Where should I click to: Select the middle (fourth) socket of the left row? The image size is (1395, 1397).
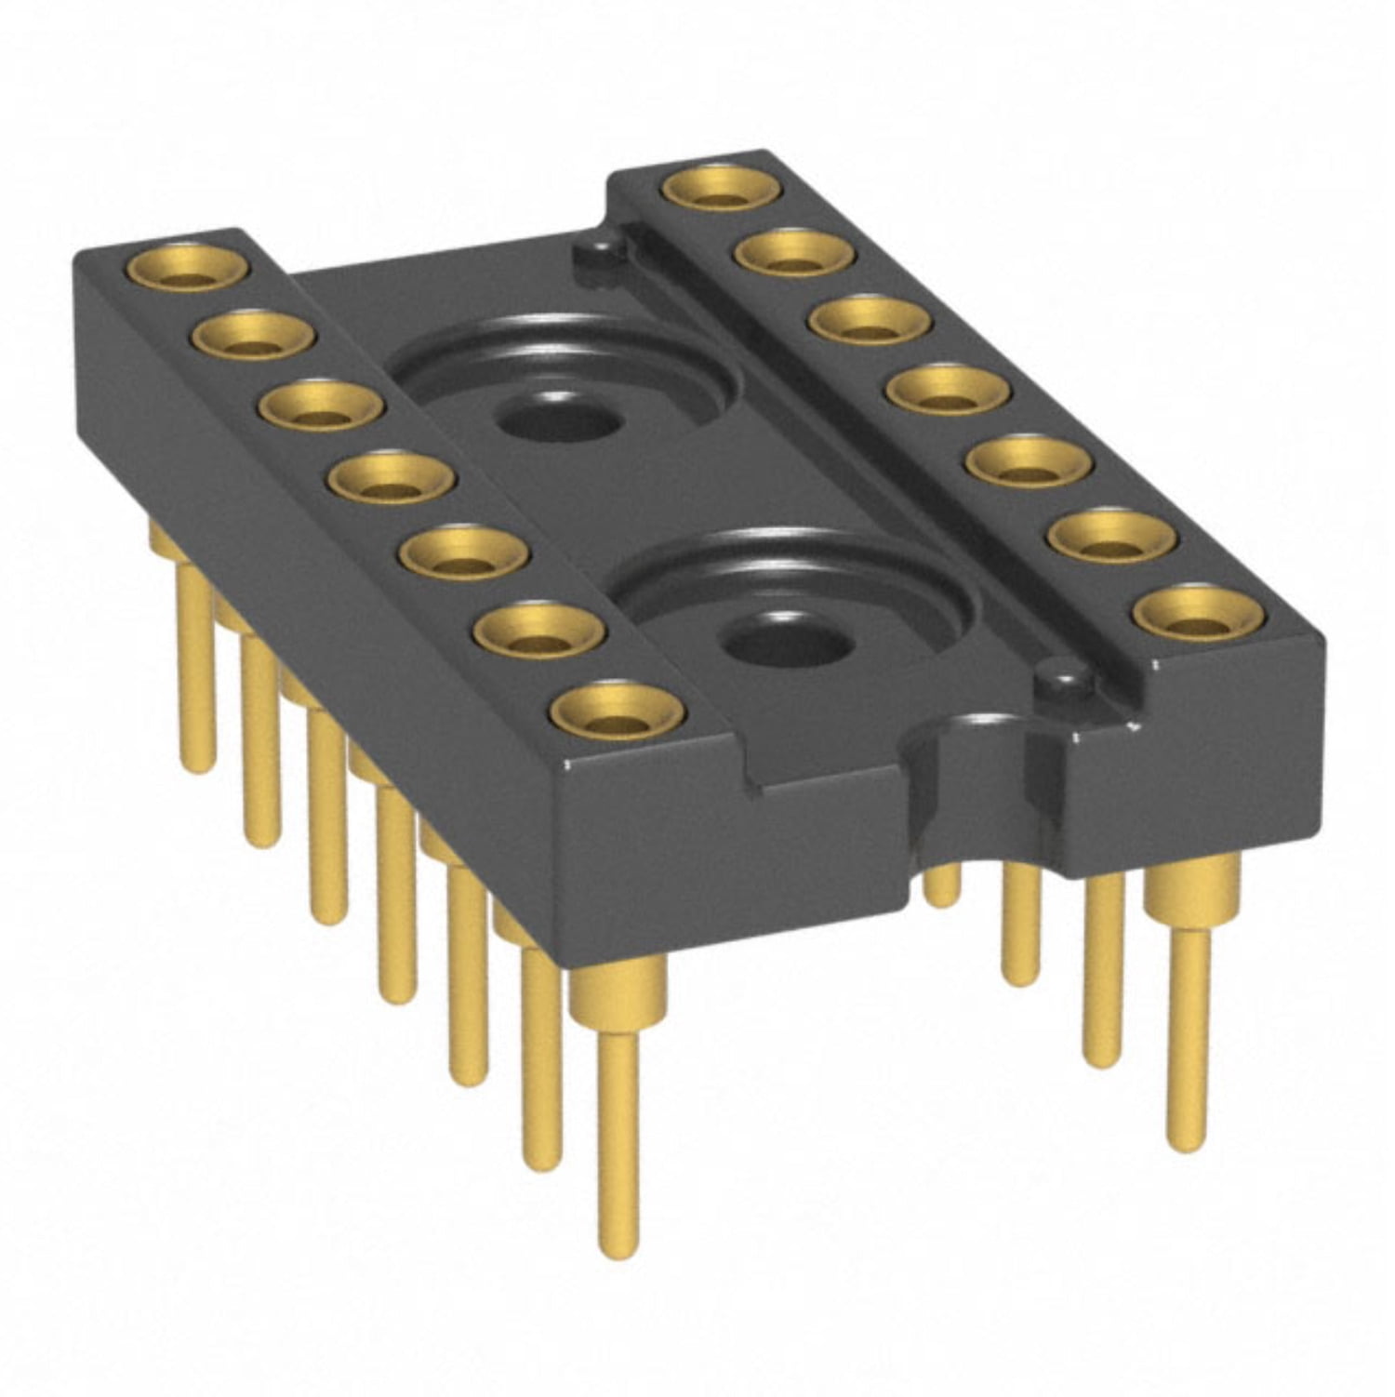point(392,480)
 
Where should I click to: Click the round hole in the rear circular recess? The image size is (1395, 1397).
point(558,421)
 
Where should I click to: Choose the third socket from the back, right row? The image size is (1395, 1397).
point(870,320)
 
